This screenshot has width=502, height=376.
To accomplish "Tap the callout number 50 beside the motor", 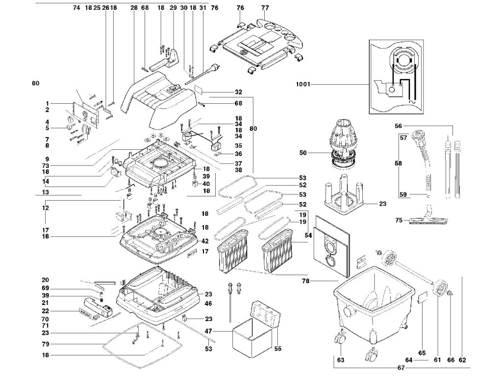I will [x=302, y=154].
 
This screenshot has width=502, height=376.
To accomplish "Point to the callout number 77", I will [x=265, y=8].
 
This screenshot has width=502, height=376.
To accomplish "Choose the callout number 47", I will [x=208, y=331].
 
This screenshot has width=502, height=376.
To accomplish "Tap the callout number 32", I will [x=238, y=92].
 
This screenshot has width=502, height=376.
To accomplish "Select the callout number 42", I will [x=205, y=241].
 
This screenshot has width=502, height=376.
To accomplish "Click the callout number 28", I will [x=134, y=8].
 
